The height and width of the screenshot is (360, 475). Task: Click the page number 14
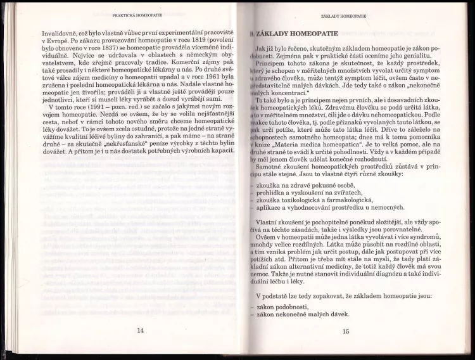tap(140, 330)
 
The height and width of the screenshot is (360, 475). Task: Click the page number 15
tap(345, 330)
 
